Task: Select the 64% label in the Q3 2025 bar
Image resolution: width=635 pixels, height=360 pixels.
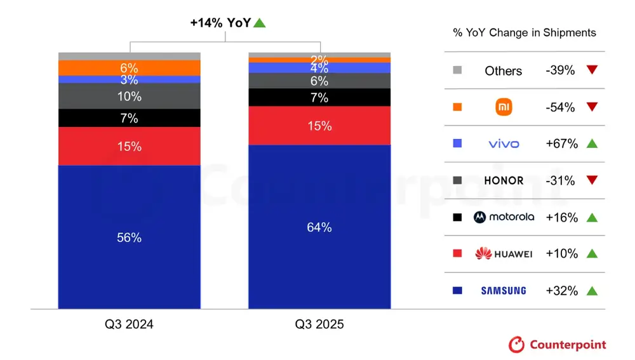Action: [319, 227]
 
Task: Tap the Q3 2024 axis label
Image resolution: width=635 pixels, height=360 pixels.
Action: [130, 324]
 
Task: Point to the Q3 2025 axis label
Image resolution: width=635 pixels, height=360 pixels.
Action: [319, 324]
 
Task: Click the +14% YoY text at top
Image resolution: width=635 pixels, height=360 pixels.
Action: [220, 23]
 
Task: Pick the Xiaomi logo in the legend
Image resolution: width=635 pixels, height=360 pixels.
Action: [504, 107]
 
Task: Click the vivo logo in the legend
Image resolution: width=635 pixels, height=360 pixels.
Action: [504, 144]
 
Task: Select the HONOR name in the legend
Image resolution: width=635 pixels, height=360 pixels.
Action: [504, 180]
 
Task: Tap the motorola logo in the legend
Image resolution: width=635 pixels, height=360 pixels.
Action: [504, 217]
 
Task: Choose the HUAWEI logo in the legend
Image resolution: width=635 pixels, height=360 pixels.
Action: [504, 254]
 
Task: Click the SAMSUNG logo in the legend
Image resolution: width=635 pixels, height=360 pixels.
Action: [504, 291]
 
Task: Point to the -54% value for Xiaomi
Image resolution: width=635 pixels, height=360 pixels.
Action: [560, 107]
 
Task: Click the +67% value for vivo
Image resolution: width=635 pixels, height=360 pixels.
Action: [561, 144]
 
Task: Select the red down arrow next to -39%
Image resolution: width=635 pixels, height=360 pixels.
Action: [592, 70]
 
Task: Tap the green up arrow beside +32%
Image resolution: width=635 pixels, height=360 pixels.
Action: [592, 291]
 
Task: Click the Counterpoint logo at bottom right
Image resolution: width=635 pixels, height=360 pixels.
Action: [557, 345]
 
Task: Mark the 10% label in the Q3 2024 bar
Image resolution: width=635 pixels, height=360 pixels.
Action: [130, 97]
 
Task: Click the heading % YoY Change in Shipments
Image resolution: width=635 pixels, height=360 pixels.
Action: [525, 33]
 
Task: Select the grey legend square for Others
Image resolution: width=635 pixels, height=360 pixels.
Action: [458, 70]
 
